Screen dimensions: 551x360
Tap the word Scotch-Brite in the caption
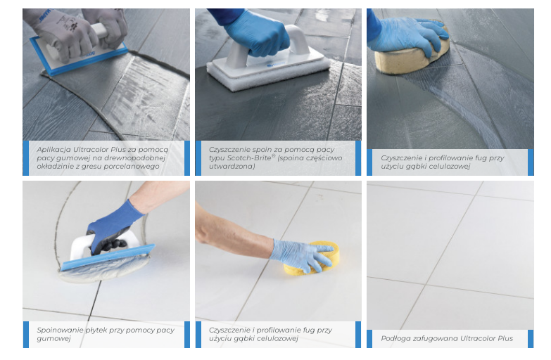click(x=249, y=158)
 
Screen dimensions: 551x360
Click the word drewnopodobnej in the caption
click(x=137, y=158)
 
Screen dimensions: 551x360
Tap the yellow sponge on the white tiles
click(x=312, y=258)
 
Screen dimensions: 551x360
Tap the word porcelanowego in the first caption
click(x=136, y=167)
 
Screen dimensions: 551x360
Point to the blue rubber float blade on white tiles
click(x=108, y=257)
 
